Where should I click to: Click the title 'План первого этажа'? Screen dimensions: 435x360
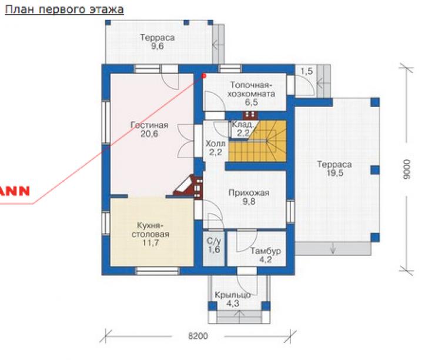pyautogui.click(x=64, y=10)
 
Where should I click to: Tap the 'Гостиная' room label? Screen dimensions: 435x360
pyautogui.click(x=149, y=125)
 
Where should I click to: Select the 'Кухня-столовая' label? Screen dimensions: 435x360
pyautogui.click(x=150, y=230)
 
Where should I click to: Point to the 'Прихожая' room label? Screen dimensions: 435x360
pyautogui.click(x=249, y=193)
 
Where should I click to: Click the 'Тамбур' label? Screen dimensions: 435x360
pyautogui.click(x=266, y=251)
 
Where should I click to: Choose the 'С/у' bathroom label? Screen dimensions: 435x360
pyautogui.click(x=213, y=241)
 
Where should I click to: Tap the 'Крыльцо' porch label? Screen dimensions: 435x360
pyautogui.click(x=232, y=295)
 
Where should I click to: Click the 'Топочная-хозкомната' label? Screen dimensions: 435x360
pyautogui.click(x=252, y=89)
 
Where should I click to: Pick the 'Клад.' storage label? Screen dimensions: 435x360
pyautogui.click(x=242, y=124)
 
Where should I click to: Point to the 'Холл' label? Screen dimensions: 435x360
pyautogui.click(x=215, y=144)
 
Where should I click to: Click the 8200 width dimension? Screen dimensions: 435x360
pyautogui.click(x=198, y=336)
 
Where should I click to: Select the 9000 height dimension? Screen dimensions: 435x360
pyautogui.click(x=406, y=169)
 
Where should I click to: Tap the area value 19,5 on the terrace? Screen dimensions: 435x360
pyautogui.click(x=335, y=173)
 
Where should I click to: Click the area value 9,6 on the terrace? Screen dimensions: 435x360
pyautogui.click(x=158, y=46)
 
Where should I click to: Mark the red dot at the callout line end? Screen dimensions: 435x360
pyautogui.click(x=204, y=75)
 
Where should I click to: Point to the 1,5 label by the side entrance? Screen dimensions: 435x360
pyautogui.click(x=306, y=71)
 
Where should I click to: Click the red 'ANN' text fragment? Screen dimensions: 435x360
pyautogui.click(x=15, y=191)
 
